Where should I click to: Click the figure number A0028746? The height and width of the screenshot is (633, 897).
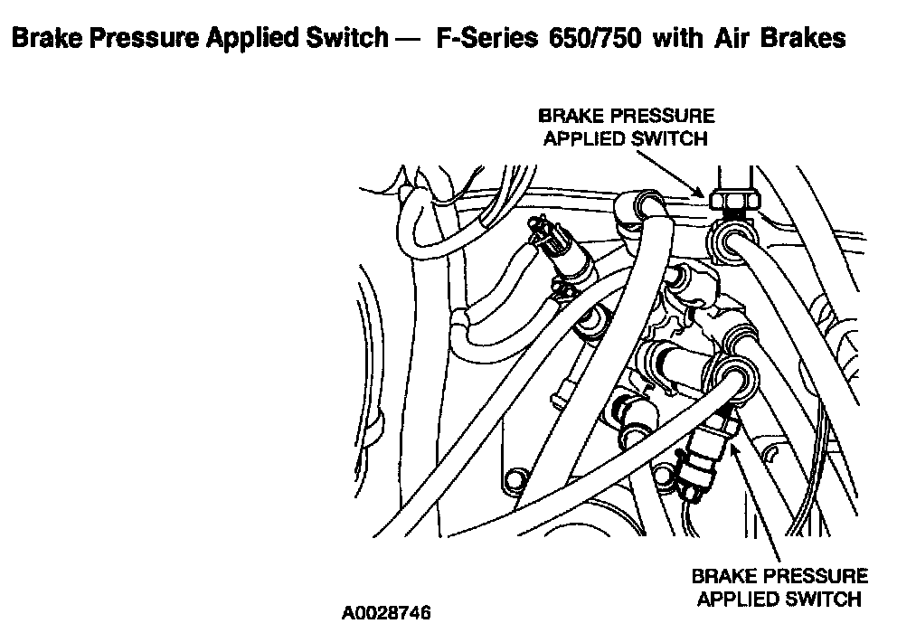point(386,612)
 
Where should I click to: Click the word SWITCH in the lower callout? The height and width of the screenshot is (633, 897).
point(825,599)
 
